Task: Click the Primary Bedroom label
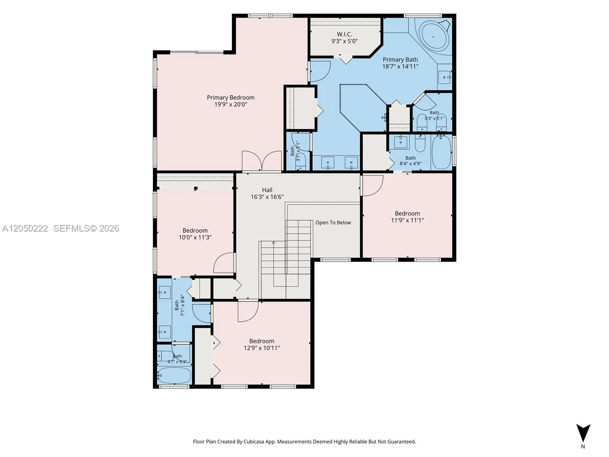coord(231,97)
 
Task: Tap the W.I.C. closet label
coord(344,34)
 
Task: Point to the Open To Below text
coord(333,222)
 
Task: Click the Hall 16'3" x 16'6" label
coord(267,193)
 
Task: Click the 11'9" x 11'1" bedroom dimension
coord(407,221)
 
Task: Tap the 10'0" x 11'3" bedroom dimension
coord(195,238)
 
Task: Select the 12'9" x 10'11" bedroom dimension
coord(261,348)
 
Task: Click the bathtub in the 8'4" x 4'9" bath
coord(442,152)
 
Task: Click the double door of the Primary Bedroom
coord(261,161)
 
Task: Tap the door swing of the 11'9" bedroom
coord(373,185)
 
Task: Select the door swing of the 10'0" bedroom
coord(224,262)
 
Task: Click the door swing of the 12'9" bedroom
coord(248,311)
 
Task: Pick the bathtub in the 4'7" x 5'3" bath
coord(174,376)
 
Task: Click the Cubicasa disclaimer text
coord(304,442)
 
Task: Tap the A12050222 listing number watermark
coord(25,228)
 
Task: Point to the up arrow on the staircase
coord(274,243)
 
